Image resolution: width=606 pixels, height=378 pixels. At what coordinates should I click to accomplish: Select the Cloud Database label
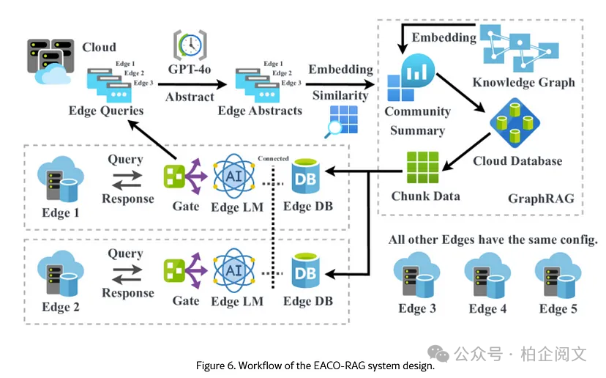tap(517, 160)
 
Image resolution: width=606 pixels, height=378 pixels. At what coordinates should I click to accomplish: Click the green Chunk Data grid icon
tap(421, 168)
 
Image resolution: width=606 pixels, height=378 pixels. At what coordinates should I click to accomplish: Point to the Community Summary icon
tap(411, 79)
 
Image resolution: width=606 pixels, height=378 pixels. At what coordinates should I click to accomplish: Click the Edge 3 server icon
tap(416, 277)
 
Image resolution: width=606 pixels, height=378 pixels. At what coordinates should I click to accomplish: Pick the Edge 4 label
tap(487, 308)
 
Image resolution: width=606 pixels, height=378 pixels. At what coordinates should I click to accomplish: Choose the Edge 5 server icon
tap(558, 277)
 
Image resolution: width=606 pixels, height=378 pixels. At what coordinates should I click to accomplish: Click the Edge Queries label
tap(106, 111)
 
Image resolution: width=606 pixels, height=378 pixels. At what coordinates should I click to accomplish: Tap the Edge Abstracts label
tap(260, 111)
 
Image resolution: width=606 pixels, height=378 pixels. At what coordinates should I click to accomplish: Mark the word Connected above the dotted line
tap(274, 158)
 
